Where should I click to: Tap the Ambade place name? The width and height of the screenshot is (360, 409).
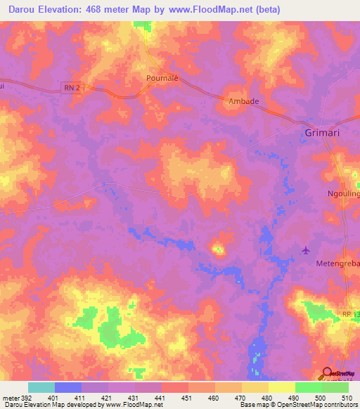[x=244, y=101]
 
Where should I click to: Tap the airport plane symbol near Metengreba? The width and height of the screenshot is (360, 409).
[x=305, y=249]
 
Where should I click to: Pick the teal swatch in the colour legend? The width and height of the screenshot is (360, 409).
[x=41, y=387]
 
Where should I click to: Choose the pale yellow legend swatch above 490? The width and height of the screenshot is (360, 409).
[x=281, y=387]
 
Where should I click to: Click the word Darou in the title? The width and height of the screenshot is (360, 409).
[x=22, y=9]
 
